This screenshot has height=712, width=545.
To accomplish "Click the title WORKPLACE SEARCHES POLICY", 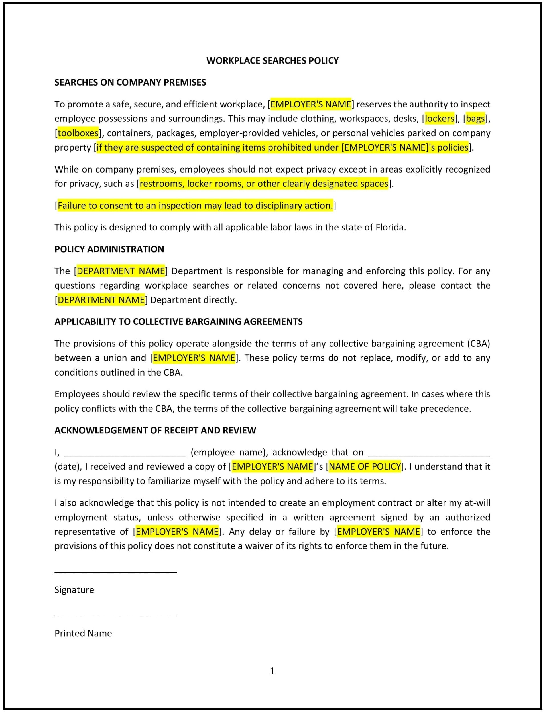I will pos(272,61).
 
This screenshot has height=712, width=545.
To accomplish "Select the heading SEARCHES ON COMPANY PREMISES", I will pos(130,82).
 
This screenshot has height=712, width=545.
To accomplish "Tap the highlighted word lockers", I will pos(439,119).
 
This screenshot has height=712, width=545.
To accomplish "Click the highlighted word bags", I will pos(475,119).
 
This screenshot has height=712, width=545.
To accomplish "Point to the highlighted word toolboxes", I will pos(78,133).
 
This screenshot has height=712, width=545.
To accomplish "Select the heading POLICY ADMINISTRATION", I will pos(109,249).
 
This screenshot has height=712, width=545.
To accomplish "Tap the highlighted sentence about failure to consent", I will pos(195,205).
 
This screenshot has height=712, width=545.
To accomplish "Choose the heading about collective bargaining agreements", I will pos(178,322).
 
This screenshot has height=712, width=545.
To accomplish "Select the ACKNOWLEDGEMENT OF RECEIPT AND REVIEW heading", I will pos(155,430).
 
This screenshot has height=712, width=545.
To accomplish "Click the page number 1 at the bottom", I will pos(272,671).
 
